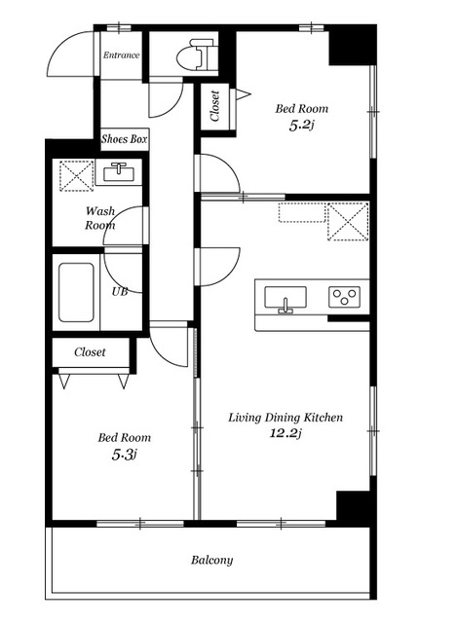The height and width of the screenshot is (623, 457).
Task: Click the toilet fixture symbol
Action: [197, 55]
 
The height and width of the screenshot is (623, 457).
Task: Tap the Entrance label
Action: [121, 55]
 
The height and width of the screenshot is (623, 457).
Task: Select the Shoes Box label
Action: [125, 138]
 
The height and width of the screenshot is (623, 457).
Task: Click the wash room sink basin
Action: [119, 172]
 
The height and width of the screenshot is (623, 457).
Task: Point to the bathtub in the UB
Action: [76, 292]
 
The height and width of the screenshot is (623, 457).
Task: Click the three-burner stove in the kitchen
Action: [344, 297]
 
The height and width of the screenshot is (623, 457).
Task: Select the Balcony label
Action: [212, 560]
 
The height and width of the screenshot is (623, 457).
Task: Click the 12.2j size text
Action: [286, 432]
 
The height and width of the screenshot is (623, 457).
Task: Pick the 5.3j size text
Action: [125, 455]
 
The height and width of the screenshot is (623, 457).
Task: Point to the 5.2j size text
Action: [301, 126]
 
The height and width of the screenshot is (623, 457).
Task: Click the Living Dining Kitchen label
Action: [286, 418]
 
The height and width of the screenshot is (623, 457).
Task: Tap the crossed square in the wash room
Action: [76, 175]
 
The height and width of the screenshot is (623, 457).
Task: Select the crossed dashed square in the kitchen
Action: [348, 221]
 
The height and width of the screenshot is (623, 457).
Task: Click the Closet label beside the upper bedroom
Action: [214, 106]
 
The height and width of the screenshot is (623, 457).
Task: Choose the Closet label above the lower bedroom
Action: [90, 352]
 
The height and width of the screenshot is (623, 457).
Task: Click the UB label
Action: [119, 292]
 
